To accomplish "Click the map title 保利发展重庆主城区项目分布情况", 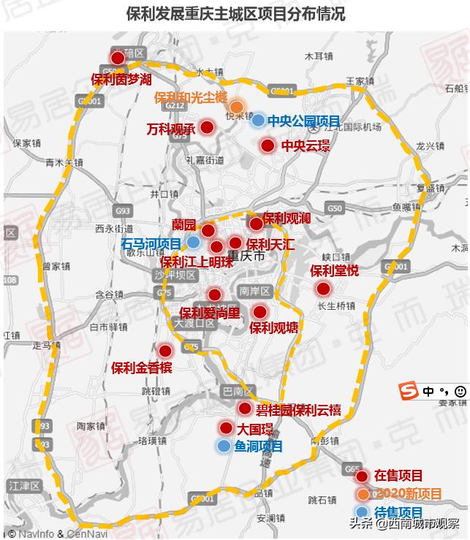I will [x=235, y=15].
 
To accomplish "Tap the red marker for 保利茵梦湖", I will [x=118, y=58].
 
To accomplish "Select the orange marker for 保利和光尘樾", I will [x=236, y=107].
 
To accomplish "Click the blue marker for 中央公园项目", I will [x=257, y=120].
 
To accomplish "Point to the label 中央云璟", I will [x=306, y=145].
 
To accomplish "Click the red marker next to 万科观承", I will [x=207, y=128].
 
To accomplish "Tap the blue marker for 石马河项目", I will [x=194, y=242].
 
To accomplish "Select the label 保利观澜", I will [x=287, y=218].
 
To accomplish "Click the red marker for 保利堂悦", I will [x=323, y=289].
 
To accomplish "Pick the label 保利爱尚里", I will [x=209, y=313].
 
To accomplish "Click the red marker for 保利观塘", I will [x=259, y=312].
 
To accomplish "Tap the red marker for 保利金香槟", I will [x=165, y=351].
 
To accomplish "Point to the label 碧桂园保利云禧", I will [x=297, y=409].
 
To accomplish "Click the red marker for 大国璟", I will [x=226, y=428].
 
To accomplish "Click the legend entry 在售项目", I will [x=398, y=476].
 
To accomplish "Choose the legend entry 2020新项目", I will [x=408, y=494].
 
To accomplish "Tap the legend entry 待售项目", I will [x=398, y=512].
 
